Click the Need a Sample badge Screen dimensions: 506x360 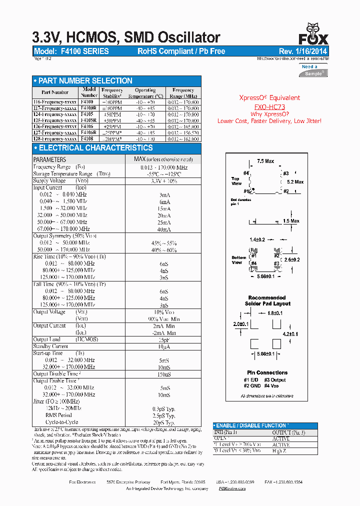tap(313, 70)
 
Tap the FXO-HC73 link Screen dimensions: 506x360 tap(269, 107)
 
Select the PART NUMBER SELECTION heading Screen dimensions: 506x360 tap(82, 81)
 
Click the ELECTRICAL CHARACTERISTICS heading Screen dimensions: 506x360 tap(92, 148)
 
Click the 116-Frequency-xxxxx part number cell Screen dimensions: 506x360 tap(55, 102)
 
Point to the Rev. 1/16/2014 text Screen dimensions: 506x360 tap(303, 51)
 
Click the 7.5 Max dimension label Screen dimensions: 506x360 tap(265, 161)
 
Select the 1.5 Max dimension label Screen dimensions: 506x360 tap(291, 221)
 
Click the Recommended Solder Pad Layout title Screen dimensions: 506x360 tap(267, 300)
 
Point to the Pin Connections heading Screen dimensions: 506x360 tap(267, 372)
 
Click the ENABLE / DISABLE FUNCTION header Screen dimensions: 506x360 tap(251, 425)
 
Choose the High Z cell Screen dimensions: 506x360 tap(280, 451)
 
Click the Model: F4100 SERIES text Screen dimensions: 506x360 tap(71, 51)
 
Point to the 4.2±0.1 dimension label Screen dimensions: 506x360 tap(290, 334)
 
